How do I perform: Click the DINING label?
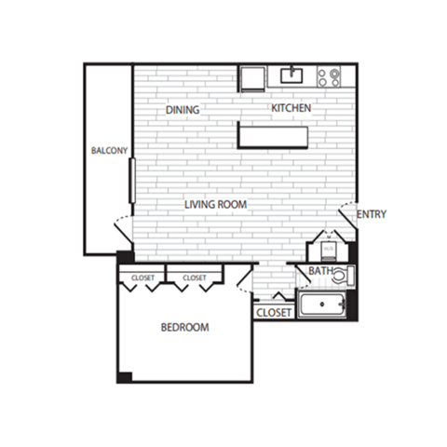click(183, 110)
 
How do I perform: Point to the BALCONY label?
click(109, 151)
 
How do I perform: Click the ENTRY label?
click(371, 214)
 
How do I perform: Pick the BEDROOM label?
click(184, 328)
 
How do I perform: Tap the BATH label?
click(320, 272)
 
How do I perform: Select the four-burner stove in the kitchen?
click(329, 76)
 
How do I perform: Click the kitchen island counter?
click(273, 136)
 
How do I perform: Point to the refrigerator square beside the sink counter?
click(252, 76)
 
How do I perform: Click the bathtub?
click(322, 305)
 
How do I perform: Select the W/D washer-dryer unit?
click(329, 250)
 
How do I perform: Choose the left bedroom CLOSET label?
click(142, 278)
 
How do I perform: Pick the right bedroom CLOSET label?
click(195, 278)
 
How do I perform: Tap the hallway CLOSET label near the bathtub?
click(273, 313)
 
